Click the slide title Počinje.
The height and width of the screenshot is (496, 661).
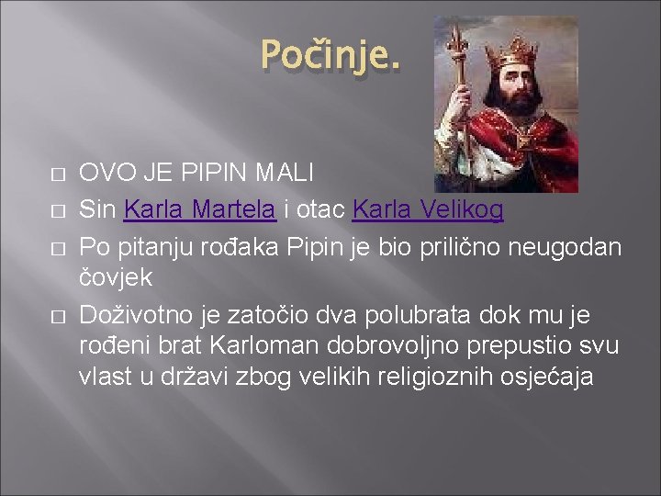330,56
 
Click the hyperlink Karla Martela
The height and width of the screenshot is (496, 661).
199,211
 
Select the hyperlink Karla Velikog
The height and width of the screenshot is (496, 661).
428,211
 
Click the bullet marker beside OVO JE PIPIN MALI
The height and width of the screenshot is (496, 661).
57,174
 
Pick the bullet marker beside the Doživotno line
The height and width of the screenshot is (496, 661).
57,317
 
